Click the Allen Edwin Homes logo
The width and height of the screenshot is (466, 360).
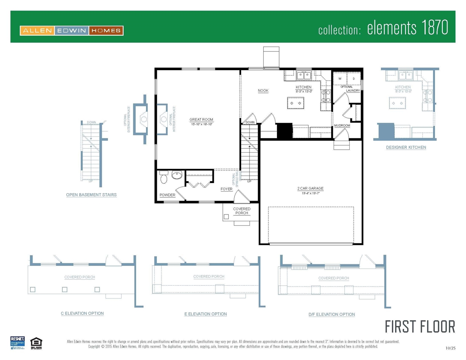click(x=71, y=30)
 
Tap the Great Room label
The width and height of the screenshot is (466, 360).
click(x=201, y=120)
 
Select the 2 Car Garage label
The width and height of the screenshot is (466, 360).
click(x=310, y=189)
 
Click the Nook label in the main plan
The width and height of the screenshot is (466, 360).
click(x=263, y=91)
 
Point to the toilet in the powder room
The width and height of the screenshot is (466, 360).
click(x=164, y=178)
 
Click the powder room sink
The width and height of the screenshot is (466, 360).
click(x=177, y=175)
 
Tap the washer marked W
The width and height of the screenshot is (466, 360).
click(x=340, y=79)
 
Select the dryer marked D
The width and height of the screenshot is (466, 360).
click(x=353, y=79)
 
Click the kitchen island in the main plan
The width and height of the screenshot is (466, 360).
click(x=296, y=103)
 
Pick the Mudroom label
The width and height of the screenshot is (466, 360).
click(x=342, y=126)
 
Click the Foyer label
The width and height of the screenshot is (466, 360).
click(x=226, y=189)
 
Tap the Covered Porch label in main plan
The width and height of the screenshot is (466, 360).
click(x=242, y=211)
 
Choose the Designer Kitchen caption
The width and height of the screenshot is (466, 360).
click(x=406, y=147)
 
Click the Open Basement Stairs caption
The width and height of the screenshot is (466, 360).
click(x=91, y=195)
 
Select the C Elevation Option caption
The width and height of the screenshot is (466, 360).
click(x=82, y=313)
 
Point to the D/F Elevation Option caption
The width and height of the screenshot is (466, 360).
click(x=332, y=314)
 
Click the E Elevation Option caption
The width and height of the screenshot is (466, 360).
click(x=206, y=314)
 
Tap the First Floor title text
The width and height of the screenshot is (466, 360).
click(x=420, y=327)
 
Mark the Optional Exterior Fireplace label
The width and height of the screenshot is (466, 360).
click(x=129, y=119)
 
